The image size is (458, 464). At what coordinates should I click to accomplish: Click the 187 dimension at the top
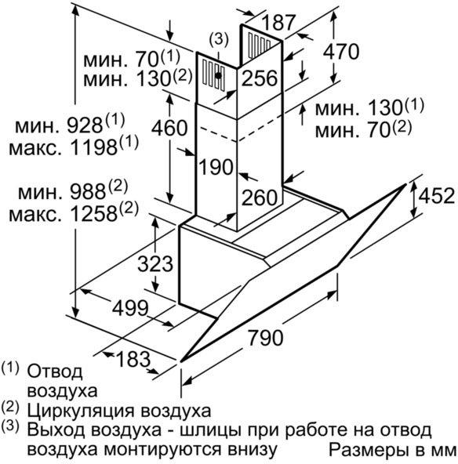[278, 22]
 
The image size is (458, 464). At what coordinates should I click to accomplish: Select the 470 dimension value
[341, 52]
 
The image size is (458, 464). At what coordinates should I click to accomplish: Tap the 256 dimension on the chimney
[260, 78]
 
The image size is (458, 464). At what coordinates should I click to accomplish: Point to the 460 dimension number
[169, 128]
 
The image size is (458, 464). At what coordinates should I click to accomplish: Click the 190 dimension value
[216, 167]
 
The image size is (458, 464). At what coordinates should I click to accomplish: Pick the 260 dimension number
[260, 198]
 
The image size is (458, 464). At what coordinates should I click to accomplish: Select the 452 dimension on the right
[437, 195]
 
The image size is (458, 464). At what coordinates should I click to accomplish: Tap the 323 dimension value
[155, 263]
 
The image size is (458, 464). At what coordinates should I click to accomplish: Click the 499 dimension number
[130, 308]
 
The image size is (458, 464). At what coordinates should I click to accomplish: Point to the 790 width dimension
[265, 338]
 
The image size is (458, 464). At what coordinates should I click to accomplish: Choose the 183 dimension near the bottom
[133, 359]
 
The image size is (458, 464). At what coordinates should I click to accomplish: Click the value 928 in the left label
[85, 126]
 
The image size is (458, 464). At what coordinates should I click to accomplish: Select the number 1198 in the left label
[95, 147]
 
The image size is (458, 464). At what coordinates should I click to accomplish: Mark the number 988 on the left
[88, 192]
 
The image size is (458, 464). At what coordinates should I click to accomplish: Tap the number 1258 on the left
[95, 214]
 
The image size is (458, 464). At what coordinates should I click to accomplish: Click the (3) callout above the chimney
[219, 39]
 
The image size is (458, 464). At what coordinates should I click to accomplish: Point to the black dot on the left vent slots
[218, 76]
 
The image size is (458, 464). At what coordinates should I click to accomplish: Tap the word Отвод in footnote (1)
[55, 372]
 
